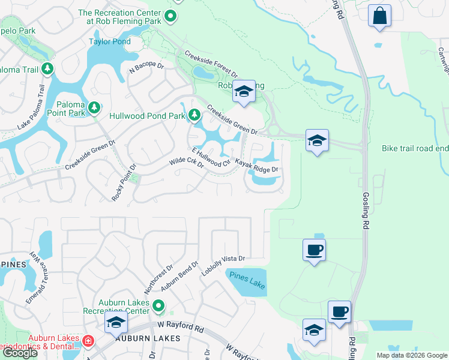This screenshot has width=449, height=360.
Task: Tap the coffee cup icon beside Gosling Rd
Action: click(339, 312)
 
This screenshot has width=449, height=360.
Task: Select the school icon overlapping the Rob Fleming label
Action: click(244, 91)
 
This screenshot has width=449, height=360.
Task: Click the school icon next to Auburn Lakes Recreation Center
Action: click(116, 323)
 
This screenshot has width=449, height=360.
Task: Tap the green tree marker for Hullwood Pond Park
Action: click(194, 115)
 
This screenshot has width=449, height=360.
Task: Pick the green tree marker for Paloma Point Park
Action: click(94, 107)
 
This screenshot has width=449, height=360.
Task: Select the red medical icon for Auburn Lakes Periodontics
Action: click(88, 341)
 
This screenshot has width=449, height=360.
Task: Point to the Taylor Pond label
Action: click(109, 41)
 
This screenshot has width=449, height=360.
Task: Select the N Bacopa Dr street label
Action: click(146, 70)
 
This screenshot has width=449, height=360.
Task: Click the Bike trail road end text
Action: click(415, 148)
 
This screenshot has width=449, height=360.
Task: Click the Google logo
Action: click(20, 353)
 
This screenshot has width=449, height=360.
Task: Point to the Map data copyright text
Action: click(411, 355)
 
